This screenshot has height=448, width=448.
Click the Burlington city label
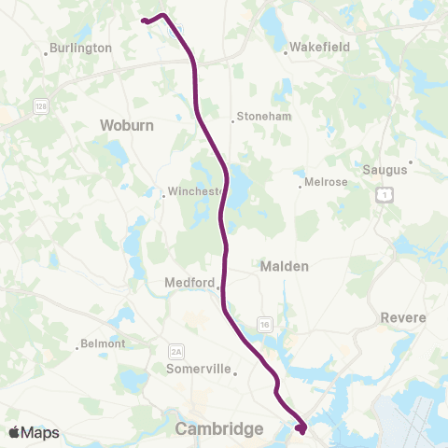coord(82,48)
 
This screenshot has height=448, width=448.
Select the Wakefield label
coord(318,45)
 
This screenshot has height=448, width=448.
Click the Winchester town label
coord(194,192)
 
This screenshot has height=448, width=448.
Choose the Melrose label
coord(326,182)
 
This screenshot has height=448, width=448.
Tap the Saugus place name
coord(384,170)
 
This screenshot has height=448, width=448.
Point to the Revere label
coord(403,317)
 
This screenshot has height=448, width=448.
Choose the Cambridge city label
coord(219,428)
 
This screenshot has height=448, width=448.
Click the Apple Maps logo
coord(34,432)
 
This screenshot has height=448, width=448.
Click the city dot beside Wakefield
coord(287,50)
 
